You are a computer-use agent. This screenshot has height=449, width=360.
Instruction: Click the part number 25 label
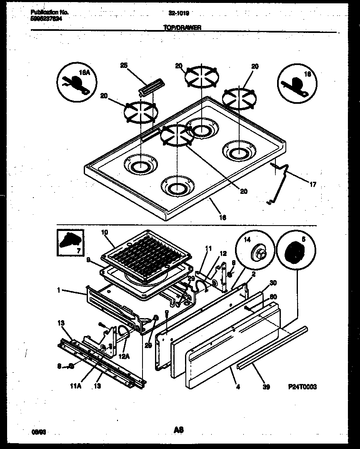(124, 65)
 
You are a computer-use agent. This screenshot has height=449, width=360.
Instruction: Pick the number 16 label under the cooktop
(223, 217)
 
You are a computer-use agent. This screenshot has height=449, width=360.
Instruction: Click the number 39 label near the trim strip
(266, 387)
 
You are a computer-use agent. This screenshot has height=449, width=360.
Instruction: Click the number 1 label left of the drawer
(59, 289)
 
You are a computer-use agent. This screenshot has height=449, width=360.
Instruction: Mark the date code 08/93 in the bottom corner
(40, 432)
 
